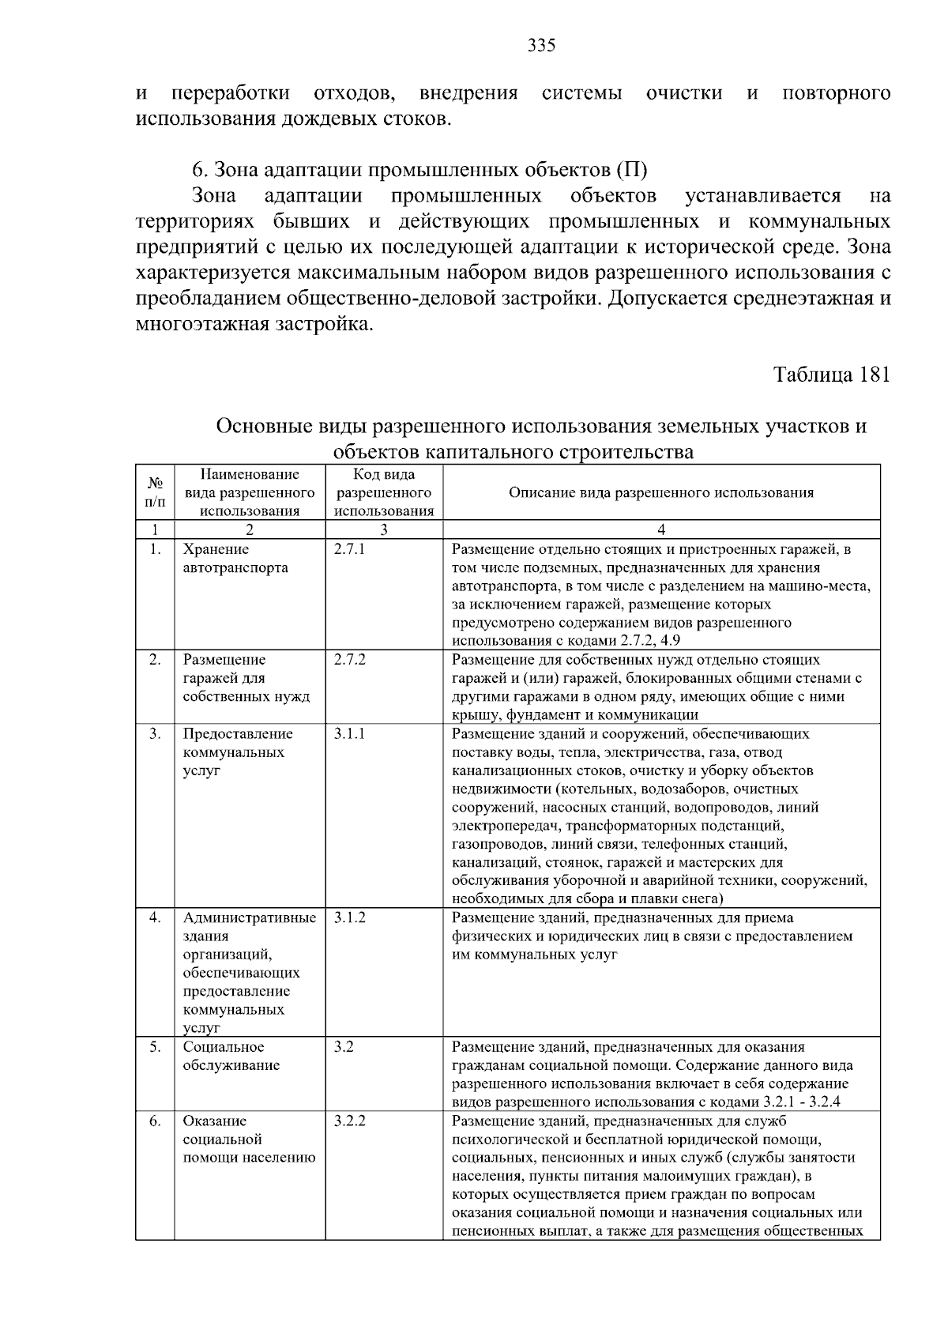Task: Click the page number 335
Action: pos(541,45)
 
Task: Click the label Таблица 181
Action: pos(831,374)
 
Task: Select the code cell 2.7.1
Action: pos(349,549)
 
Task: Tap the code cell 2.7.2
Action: pos(349,660)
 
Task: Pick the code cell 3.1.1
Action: pos(349,733)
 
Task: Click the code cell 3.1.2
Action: pos(349,917)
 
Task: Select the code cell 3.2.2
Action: pos(349,1121)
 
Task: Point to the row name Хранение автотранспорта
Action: pos(235,559)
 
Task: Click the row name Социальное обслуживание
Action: pos(231,1056)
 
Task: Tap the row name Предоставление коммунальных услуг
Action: pos(237,751)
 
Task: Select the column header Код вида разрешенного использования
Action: pos(384,492)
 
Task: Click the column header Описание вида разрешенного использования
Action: pos(660,492)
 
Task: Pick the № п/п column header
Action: pos(155,492)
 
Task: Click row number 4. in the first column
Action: pos(155,917)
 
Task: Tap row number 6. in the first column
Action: pos(155,1121)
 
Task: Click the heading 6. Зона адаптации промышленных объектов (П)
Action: pos(419,170)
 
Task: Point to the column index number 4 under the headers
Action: pos(661,530)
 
